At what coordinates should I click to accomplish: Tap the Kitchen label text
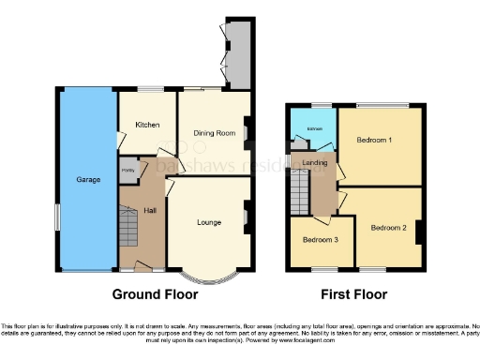147,125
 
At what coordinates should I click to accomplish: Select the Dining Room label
213,133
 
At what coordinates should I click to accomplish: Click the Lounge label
208,222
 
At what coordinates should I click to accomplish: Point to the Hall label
149,211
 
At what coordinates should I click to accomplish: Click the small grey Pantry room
127,170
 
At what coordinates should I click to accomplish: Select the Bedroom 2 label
387,227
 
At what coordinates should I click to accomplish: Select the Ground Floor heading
156,293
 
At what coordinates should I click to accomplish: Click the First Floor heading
353,293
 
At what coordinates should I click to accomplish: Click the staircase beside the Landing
300,195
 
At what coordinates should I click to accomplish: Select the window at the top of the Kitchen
147,90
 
